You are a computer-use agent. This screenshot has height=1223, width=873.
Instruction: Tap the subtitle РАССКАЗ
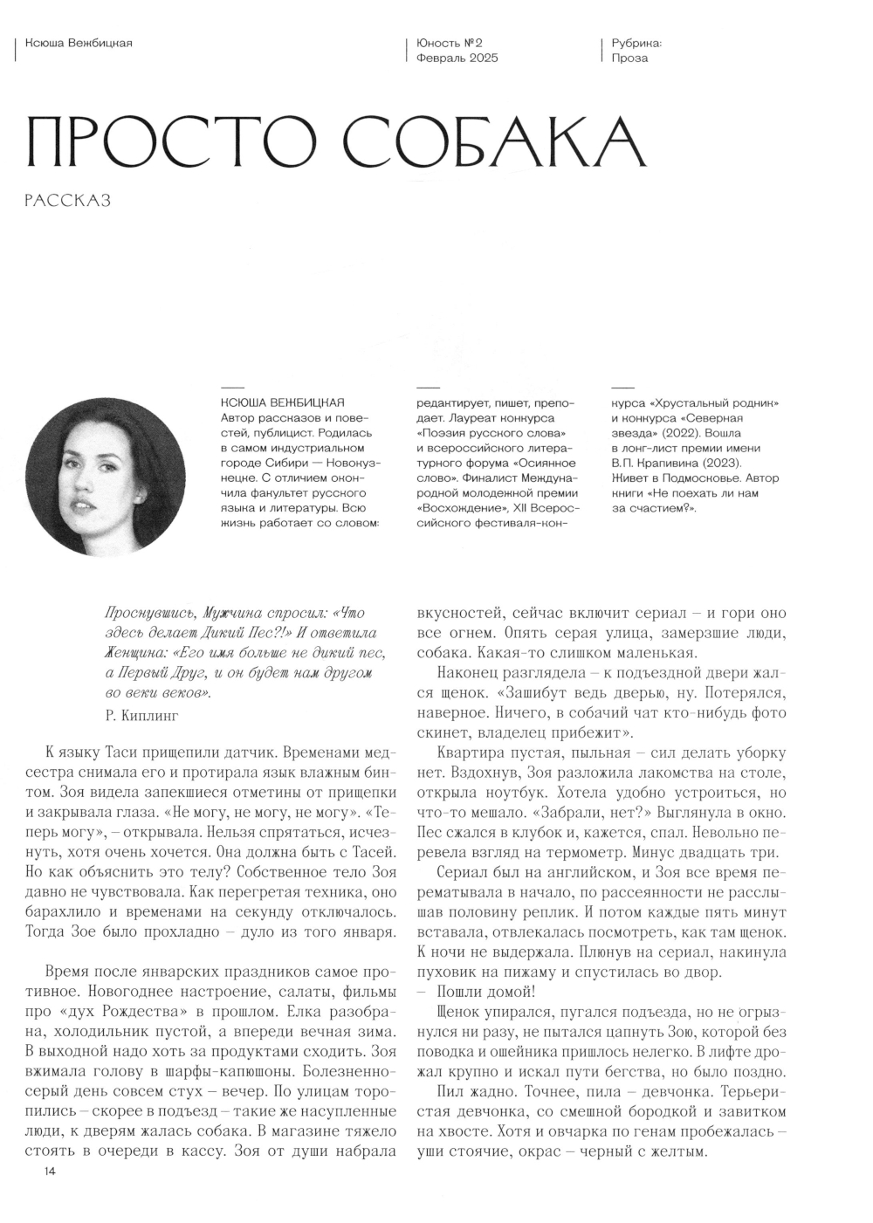[x=69, y=201]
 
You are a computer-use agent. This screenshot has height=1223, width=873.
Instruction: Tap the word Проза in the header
[x=629, y=58]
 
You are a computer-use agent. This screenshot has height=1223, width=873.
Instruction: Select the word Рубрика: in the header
[x=637, y=43]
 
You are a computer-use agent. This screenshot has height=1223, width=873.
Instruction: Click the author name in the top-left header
[x=79, y=43]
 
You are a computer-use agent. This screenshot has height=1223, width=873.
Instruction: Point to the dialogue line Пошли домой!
[x=485, y=992]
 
